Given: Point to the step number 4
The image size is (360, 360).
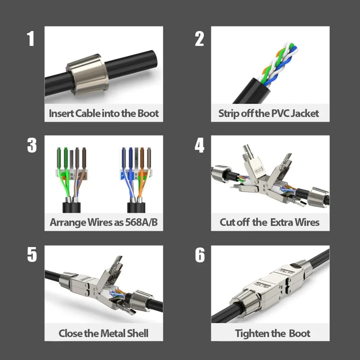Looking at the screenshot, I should [x=199, y=145].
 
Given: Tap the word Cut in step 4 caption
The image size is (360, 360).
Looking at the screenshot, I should [x=228, y=222].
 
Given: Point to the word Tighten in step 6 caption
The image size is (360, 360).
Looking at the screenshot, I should [x=252, y=333].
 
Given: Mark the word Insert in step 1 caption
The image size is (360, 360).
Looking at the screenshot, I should [x=61, y=113].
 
